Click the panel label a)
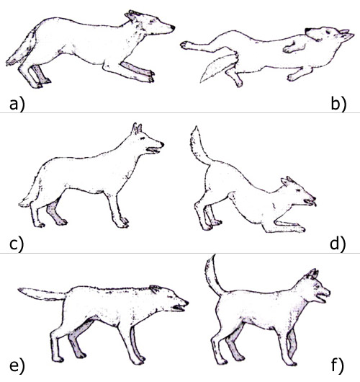[x=17, y=105]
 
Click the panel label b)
[x=338, y=105]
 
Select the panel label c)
[x=17, y=244]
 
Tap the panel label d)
[x=338, y=244]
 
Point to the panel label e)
[x=17, y=366]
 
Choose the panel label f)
[x=338, y=366]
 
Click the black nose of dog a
[x=173, y=27]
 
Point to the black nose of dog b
[x=308, y=30]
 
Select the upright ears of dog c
[x=137, y=128]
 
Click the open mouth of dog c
[x=153, y=151]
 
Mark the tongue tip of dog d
[x=315, y=204]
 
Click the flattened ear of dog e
[x=156, y=289]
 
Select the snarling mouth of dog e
[x=179, y=308]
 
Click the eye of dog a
[x=152, y=21]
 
